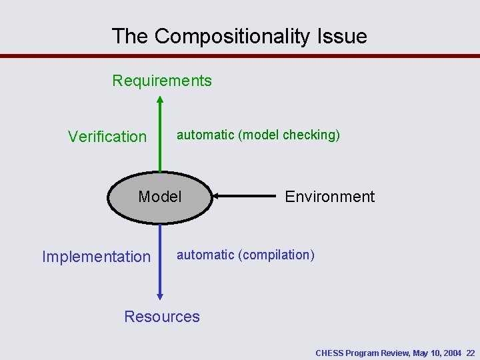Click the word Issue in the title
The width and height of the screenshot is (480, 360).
346,36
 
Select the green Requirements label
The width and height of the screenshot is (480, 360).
162,81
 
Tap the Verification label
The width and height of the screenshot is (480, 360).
107,137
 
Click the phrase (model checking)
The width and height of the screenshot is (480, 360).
289,135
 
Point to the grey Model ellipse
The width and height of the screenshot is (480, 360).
159,197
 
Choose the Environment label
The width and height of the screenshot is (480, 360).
329,197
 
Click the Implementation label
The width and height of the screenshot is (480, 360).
96,257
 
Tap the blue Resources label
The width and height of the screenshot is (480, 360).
162,317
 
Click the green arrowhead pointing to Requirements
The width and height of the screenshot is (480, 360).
159,101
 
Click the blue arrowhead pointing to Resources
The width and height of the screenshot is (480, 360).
160,295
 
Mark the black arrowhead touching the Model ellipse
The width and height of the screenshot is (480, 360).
215,196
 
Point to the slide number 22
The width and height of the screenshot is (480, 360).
471,353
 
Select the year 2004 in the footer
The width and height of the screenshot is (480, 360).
451,353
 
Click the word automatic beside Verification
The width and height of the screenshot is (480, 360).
205,135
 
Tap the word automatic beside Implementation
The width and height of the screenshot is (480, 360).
205,255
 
